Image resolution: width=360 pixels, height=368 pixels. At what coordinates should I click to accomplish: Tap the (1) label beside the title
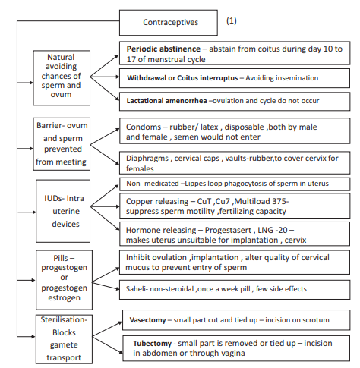coord(231,21)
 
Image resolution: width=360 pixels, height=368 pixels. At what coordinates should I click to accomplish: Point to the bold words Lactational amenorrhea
coord(168,101)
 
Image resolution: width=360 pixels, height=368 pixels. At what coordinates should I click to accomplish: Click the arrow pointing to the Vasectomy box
coord(114,322)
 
